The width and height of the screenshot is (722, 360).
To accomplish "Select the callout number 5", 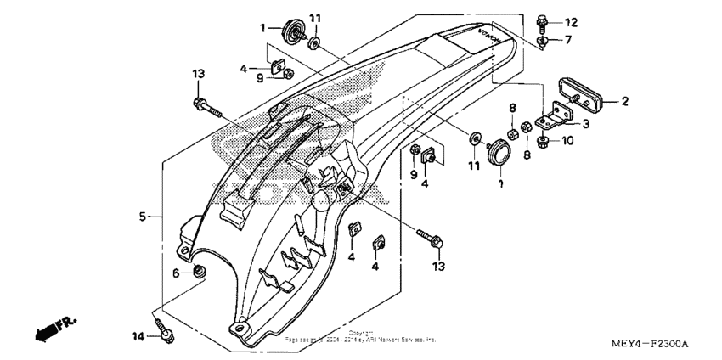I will click(144, 216).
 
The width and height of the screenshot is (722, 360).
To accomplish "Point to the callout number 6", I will click(177, 273).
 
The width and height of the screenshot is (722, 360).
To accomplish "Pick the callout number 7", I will click(569, 40).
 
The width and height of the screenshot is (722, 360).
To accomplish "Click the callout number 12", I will click(571, 21).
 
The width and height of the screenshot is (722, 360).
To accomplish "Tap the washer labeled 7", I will click(543, 40).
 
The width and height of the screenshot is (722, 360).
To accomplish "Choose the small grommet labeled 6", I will click(200, 272).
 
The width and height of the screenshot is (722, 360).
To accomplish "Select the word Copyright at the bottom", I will click(361, 333).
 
